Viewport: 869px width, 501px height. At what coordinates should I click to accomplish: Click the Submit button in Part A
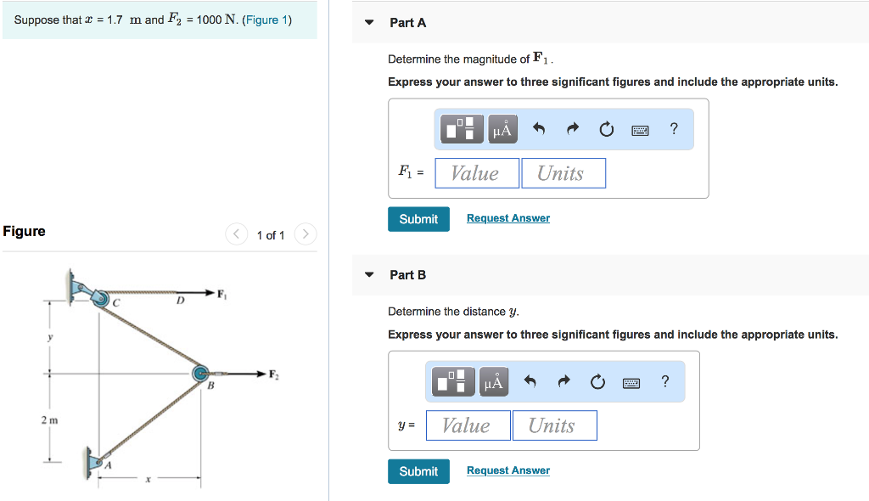[x=418, y=219]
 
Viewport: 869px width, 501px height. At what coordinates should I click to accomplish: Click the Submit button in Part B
[x=418, y=471]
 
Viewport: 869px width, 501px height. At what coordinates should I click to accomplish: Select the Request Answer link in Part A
[x=507, y=218]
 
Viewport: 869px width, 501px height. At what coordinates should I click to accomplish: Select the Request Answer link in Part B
[x=507, y=470]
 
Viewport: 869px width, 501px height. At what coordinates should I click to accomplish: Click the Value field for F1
[x=477, y=173]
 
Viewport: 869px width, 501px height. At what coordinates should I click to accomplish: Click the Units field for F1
[x=563, y=173]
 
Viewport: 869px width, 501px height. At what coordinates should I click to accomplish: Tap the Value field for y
[x=468, y=425]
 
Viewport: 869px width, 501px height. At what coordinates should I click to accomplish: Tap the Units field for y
[x=553, y=425]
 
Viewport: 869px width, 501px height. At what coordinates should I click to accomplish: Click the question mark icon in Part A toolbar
[x=674, y=129]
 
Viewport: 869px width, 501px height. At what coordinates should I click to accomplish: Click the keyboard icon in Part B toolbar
[x=631, y=382]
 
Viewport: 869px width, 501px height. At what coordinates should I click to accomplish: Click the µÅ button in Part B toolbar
[x=494, y=382]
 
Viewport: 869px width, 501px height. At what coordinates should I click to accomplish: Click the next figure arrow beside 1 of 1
[x=306, y=234]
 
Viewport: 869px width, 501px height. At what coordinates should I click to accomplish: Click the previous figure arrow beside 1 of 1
[x=236, y=234]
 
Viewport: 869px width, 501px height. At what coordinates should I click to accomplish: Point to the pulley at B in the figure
[x=200, y=373]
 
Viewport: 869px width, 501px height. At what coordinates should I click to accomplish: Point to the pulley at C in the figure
[x=101, y=298]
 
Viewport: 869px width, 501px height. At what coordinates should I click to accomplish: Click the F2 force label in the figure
[x=273, y=374]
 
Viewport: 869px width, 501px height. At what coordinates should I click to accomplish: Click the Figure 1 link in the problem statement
[x=266, y=20]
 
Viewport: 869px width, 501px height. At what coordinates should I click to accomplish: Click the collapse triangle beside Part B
[x=368, y=275]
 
